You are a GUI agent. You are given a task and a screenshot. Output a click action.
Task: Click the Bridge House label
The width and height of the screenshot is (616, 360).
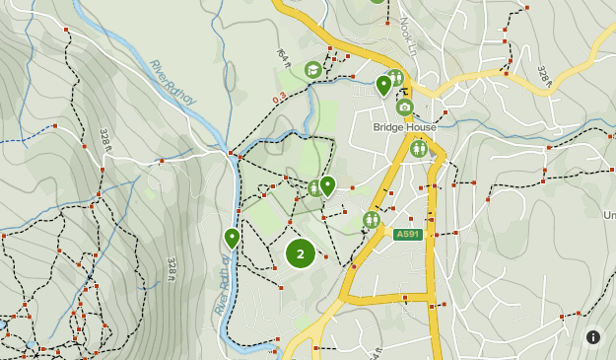[x=404, y=127]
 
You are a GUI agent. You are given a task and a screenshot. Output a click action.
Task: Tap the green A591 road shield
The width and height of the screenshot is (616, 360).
[x=408, y=234]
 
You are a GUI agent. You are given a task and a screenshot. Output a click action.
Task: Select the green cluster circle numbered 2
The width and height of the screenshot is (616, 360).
[x=301, y=253]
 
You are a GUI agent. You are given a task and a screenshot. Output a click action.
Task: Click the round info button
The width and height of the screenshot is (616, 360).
[x=593, y=337]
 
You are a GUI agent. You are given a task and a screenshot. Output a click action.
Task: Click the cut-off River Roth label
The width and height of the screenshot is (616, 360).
[x=222, y=286]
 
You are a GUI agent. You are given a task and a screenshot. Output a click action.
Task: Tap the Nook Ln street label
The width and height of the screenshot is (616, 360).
[x=408, y=36]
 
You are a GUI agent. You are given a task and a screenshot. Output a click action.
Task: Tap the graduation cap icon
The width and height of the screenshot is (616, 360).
[x=313, y=69]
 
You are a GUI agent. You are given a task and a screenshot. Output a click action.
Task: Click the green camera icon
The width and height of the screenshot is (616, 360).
[x=405, y=107]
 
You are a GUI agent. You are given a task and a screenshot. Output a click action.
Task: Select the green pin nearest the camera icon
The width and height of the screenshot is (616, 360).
[x=383, y=85]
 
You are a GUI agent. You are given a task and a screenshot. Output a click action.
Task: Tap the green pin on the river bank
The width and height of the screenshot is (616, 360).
[x=232, y=237]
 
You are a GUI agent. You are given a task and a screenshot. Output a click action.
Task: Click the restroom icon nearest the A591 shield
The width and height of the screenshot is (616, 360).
[x=372, y=220]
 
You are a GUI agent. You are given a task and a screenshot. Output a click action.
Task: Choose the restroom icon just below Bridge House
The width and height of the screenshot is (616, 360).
[x=419, y=148]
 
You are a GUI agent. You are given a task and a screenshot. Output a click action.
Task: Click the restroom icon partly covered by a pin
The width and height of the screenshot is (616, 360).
[x=314, y=187]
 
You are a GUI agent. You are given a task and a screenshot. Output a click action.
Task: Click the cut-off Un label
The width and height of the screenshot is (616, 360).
[x=609, y=215]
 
